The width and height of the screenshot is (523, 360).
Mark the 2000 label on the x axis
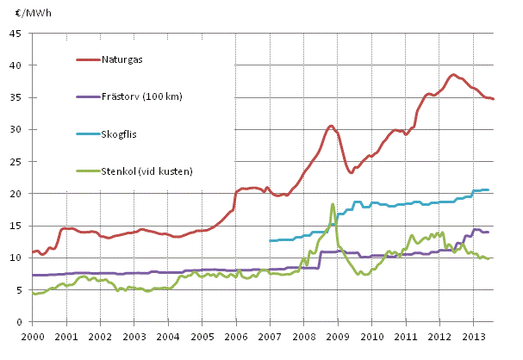click(x=33, y=336)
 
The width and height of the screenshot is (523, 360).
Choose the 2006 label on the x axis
click(x=236, y=336)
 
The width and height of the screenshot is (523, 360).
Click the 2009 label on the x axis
click(x=338, y=336)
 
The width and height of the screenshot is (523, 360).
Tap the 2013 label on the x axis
click(x=473, y=336)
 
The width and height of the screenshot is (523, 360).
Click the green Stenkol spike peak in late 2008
click(x=332, y=204)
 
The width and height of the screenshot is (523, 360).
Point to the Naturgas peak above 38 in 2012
click(x=453, y=75)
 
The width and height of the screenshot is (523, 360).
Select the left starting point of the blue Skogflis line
click(x=270, y=240)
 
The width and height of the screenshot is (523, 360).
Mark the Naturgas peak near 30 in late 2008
click(x=331, y=126)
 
